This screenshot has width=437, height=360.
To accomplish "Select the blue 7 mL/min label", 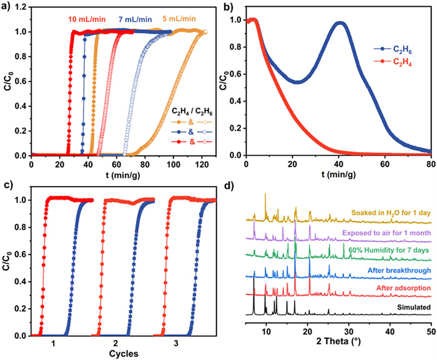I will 136,19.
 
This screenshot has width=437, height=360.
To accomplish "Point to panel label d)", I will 228,187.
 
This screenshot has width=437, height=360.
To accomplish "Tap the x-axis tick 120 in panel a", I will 202,164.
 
